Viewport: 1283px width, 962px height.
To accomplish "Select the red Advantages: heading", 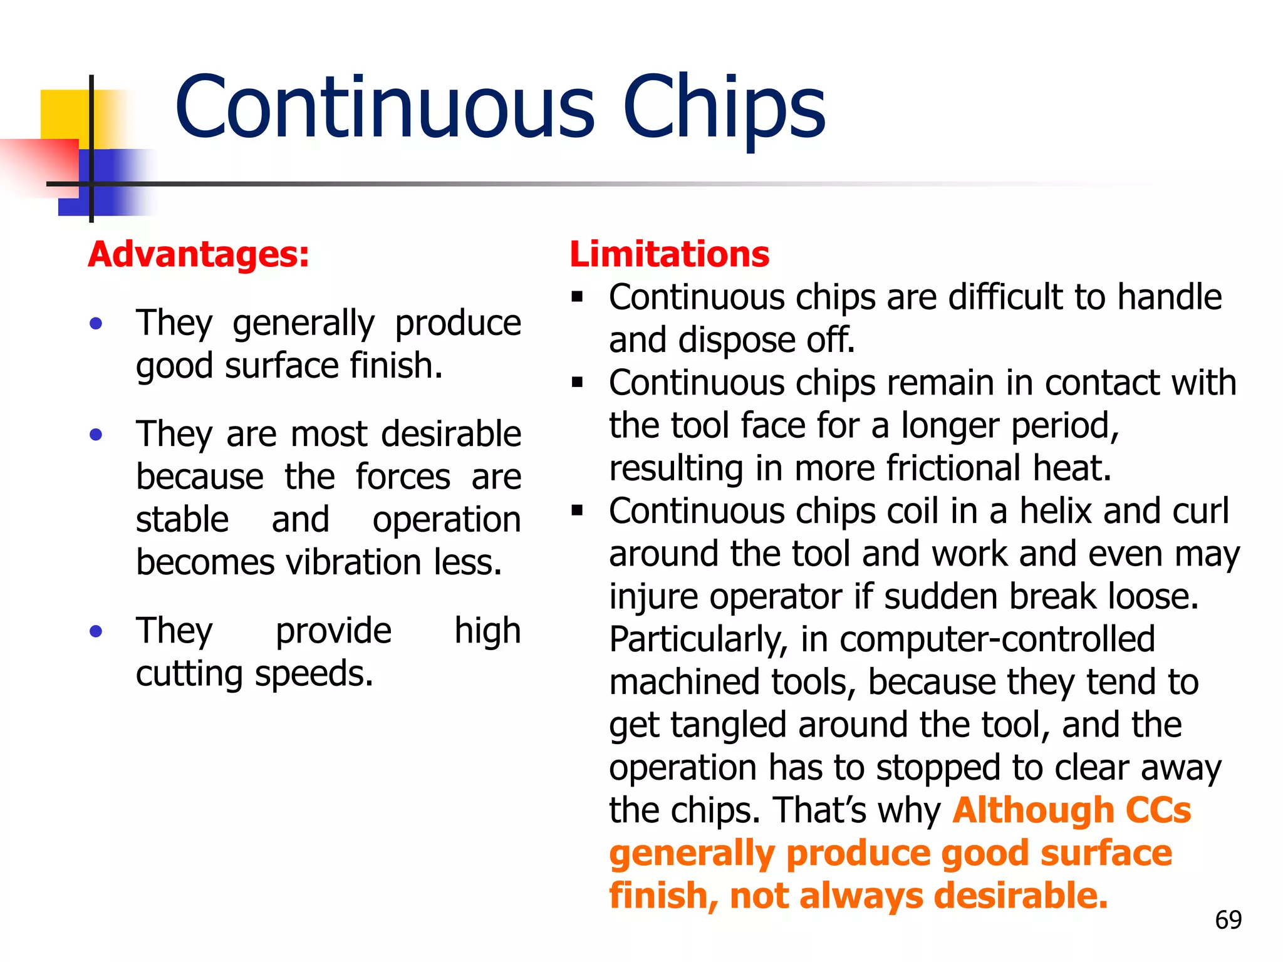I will point(199,255).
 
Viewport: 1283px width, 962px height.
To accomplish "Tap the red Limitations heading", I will point(669,255).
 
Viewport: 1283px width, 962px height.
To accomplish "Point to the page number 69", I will point(1228,920).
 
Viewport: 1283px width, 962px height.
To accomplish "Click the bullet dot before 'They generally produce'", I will point(96,324).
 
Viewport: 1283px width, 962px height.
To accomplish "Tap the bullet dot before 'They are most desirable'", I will point(96,435).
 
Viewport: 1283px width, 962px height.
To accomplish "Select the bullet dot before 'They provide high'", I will point(96,631).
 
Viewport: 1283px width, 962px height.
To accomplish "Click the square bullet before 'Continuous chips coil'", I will point(577,510).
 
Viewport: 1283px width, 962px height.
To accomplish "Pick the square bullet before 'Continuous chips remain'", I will point(577,382).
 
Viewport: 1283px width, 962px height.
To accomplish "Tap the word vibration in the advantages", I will point(354,562).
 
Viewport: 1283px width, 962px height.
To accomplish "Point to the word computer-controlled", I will point(997,639).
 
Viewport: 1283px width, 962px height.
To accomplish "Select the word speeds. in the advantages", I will point(314,675).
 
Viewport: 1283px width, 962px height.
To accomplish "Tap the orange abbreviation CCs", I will point(1158,810).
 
